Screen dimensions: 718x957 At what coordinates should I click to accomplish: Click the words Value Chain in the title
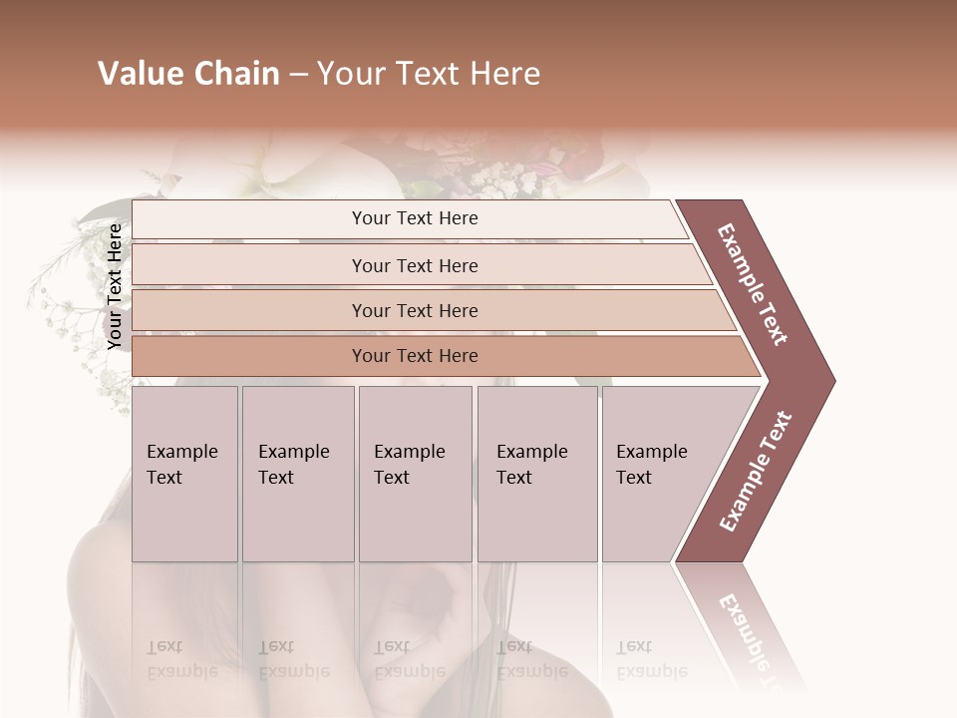[x=188, y=74]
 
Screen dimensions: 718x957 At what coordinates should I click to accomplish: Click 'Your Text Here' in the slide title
[x=429, y=74]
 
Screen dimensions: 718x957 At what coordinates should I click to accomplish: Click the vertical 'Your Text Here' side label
[x=115, y=286]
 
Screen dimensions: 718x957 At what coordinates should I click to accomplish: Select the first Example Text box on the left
[x=184, y=474]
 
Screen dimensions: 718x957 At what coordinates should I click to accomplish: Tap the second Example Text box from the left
[x=297, y=474]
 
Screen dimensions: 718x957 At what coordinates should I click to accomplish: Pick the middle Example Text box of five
[x=415, y=474]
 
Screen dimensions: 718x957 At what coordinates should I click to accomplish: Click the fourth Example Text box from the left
[x=536, y=474]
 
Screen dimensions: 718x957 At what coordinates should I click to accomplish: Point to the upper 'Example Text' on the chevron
[x=752, y=285]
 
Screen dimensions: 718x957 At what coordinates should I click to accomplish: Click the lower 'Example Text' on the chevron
[x=755, y=471]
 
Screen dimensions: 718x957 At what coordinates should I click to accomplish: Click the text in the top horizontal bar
[x=415, y=218]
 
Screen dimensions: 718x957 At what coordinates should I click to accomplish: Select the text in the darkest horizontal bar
[x=415, y=356]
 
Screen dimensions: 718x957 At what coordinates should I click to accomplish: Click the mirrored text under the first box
[x=182, y=659]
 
